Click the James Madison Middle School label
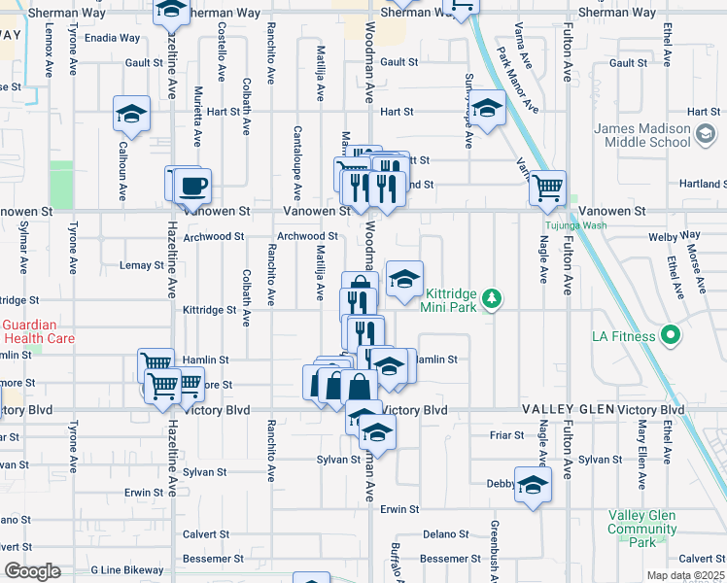click(x=642, y=135)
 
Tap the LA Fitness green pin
click(x=670, y=337)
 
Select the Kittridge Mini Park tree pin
click(x=493, y=297)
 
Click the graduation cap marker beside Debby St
click(x=533, y=485)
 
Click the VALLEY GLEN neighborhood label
click(x=569, y=410)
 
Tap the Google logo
click(x=32, y=571)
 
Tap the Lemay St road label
click(x=141, y=265)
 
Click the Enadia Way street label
click(x=112, y=39)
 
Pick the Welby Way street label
click(x=677, y=235)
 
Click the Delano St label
click(x=445, y=533)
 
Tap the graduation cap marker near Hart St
click(x=486, y=106)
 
